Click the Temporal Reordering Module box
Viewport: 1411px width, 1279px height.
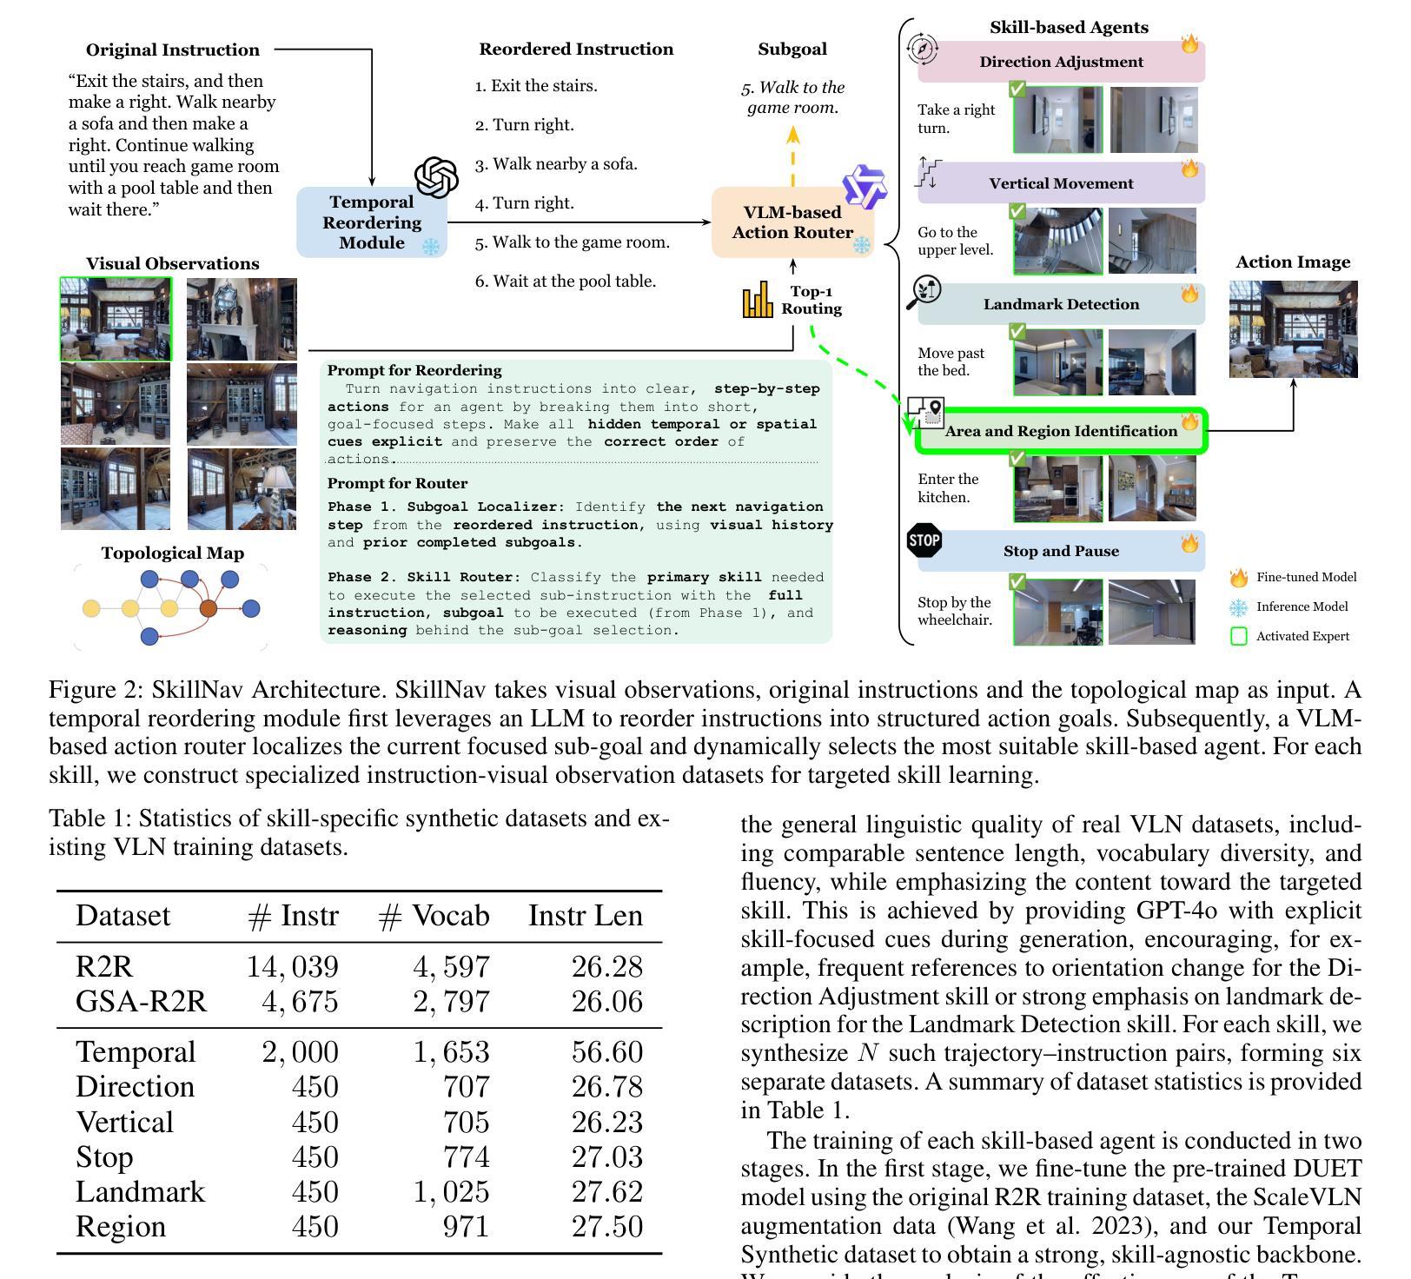[371, 222]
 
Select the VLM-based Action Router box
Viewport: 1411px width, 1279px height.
[792, 222]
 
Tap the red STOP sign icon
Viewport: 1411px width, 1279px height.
[924, 540]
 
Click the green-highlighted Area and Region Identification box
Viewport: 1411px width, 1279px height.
[1061, 431]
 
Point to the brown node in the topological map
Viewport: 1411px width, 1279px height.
[209, 608]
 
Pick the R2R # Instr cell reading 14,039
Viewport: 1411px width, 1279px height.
[292, 967]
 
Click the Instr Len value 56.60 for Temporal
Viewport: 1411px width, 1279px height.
[606, 1052]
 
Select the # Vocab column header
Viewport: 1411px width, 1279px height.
[434, 916]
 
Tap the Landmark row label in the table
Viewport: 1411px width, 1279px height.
[140, 1191]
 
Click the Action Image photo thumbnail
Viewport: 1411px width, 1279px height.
[1293, 328]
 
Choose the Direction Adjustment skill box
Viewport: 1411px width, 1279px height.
[1061, 62]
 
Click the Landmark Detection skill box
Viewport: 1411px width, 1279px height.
[1061, 304]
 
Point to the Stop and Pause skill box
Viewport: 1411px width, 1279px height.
[1061, 551]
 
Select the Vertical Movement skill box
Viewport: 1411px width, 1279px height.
[1061, 183]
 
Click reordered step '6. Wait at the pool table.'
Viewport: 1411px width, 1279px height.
[565, 282]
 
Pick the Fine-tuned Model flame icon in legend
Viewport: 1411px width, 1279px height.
[1238, 578]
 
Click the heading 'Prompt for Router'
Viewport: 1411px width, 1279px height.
[397, 483]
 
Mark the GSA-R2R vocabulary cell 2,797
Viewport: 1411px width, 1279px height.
[451, 1002]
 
